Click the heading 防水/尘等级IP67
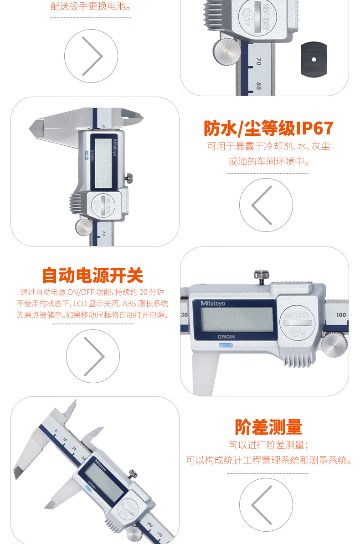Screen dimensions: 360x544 tap(268, 128)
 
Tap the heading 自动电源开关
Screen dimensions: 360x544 tap(93, 276)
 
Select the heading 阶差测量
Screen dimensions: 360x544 tap(268, 427)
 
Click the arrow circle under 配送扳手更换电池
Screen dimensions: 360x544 tap(91, 56)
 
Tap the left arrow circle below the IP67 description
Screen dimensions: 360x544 tap(266, 205)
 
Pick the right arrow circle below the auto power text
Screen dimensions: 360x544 tap(93, 356)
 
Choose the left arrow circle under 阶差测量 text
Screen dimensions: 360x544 tap(266, 505)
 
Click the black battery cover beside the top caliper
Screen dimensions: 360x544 tap(314, 59)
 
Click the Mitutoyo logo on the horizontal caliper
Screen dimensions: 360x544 tap(213, 303)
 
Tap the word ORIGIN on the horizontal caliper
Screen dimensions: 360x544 tap(226, 337)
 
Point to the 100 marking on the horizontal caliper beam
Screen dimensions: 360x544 tap(341, 315)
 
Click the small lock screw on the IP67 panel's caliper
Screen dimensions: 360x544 tap(129, 178)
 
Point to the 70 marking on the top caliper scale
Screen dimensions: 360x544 tap(258, 62)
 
